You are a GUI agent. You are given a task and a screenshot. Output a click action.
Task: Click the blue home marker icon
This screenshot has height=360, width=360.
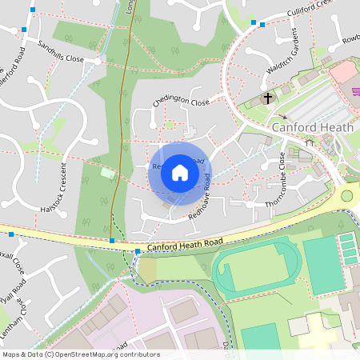pyautogui.click(x=180, y=172)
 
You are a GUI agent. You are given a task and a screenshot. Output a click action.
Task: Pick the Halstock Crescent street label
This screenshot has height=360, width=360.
pyautogui.click(x=54, y=188)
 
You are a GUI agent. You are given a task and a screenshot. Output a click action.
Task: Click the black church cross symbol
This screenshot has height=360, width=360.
pyautogui.click(x=267, y=98)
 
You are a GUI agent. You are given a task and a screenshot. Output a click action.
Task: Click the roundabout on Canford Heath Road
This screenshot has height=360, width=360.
pyautogui.click(x=347, y=195)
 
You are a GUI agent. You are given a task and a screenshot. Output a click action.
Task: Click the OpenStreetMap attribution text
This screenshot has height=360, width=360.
pyautogui.click(x=80, y=354)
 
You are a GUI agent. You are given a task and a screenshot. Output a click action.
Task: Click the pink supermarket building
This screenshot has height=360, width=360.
pyautogui.click(x=343, y=74)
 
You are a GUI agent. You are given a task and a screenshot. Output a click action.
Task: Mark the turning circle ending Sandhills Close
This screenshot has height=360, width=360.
pyautogui.click(x=97, y=60)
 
